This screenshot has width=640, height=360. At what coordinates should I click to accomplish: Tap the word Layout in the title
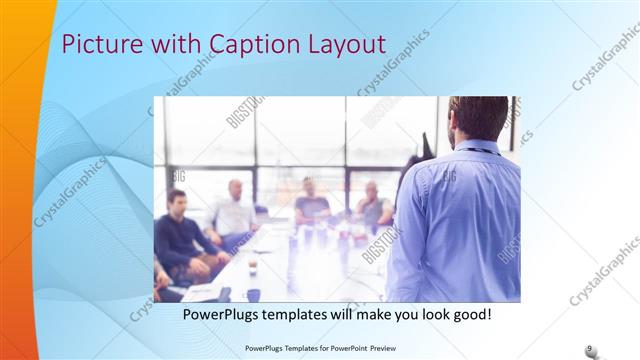pyautogui.click(x=345, y=44)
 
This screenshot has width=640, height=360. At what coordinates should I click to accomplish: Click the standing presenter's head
pyautogui.click(x=479, y=118)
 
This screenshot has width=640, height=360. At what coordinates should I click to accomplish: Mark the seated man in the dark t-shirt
pyautogui.click(x=311, y=205)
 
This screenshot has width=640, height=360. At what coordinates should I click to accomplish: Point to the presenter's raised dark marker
pyautogui.click(x=425, y=145)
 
